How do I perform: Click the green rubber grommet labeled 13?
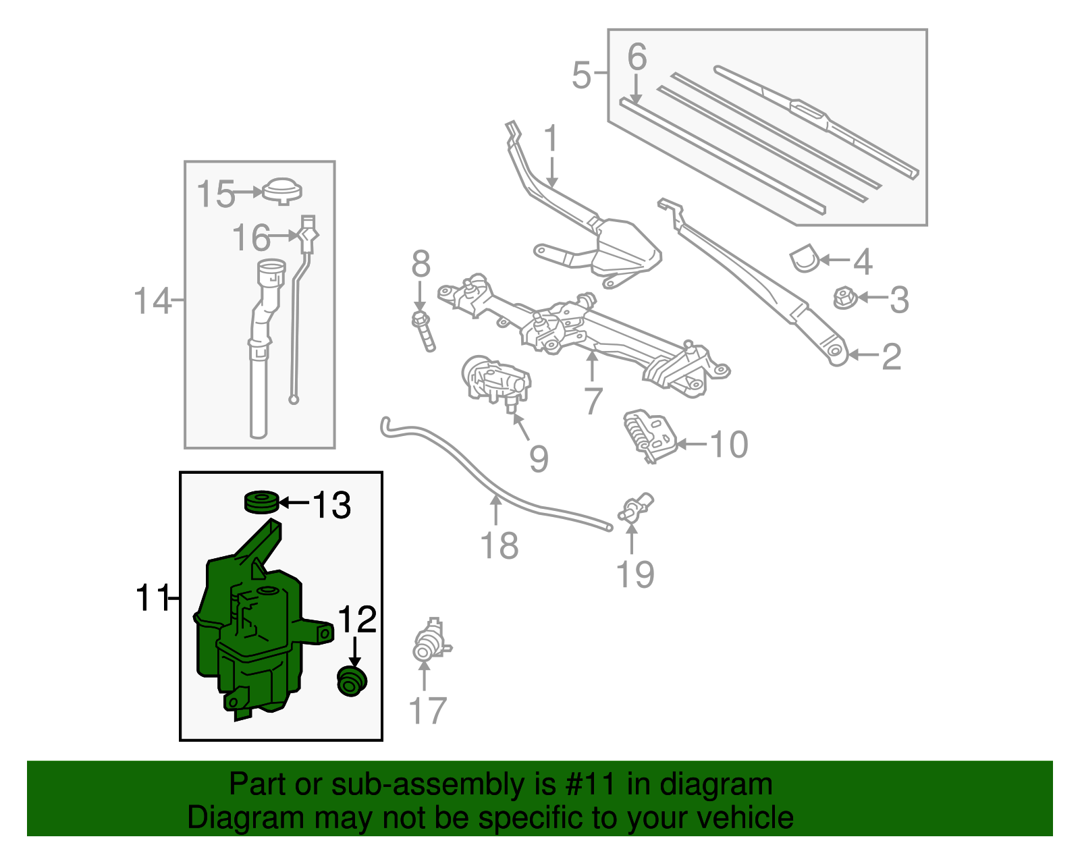[261, 502]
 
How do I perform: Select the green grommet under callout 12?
[352, 681]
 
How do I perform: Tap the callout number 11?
[153, 598]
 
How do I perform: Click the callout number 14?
[153, 301]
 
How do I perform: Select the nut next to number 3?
[844, 298]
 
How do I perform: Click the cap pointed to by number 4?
[803, 259]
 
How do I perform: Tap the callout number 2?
[891, 356]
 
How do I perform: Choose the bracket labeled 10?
[649, 435]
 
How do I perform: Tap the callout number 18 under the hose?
[499, 546]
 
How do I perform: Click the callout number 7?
[592, 401]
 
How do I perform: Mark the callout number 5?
[581, 75]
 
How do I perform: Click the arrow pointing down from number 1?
[552, 172]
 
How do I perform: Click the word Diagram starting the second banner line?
[227, 818]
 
